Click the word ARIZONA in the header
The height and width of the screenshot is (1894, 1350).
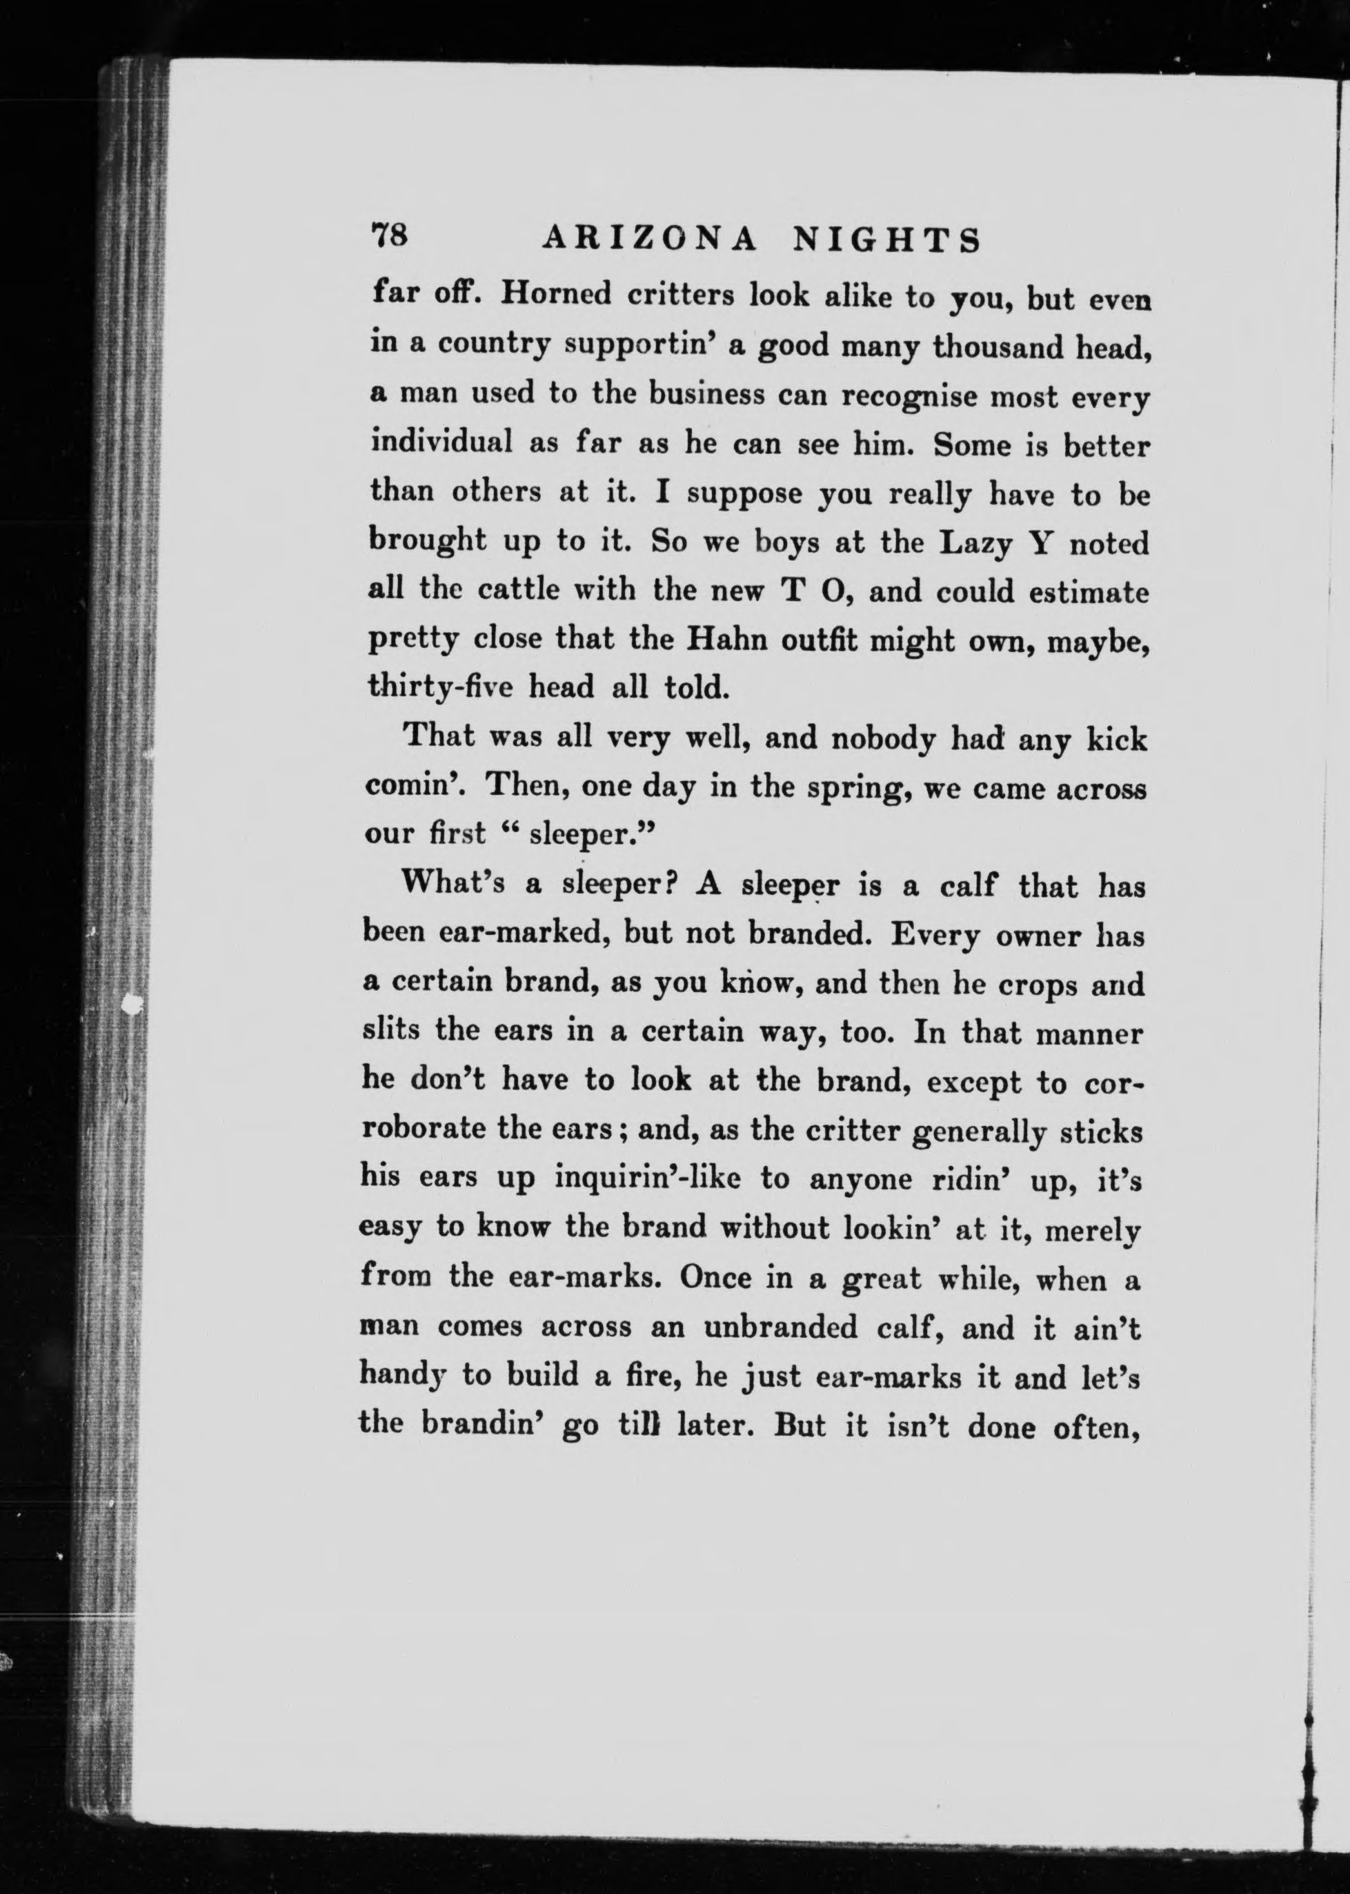pyautogui.click(x=649, y=239)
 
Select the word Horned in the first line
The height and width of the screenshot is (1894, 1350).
pyautogui.click(x=555, y=295)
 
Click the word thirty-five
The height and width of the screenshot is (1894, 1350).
pyautogui.click(x=441, y=687)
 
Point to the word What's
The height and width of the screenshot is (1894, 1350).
pyautogui.click(x=453, y=884)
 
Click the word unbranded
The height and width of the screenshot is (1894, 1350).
pyautogui.click(x=780, y=1326)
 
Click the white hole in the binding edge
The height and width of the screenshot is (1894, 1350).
pyautogui.click(x=130, y=1005)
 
